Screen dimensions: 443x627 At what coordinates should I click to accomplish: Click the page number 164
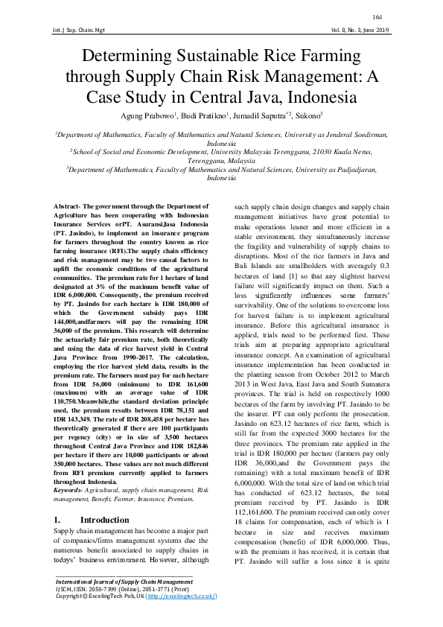tap(377, 16)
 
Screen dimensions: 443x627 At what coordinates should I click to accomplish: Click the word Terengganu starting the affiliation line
tap(189, 159)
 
